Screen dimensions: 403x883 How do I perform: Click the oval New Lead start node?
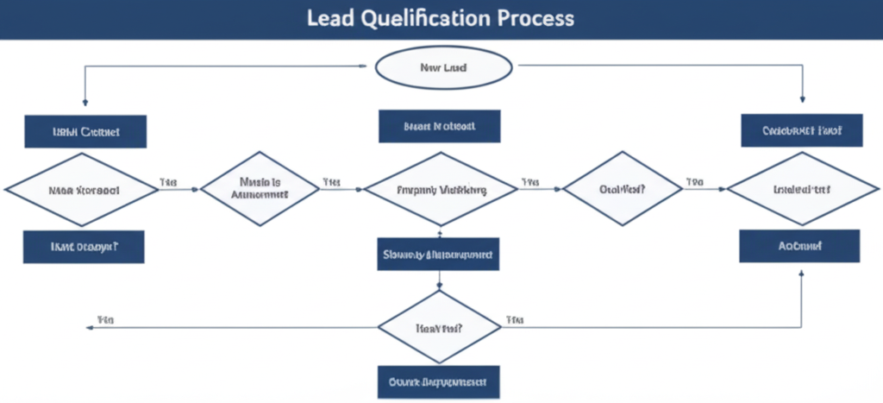(x=443, y=67)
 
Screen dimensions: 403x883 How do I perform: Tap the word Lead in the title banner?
(x=327, y=18)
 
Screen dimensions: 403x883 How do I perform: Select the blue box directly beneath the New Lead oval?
(x=439, y=126)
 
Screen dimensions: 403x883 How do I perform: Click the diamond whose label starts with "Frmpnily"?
(x=440, y=190)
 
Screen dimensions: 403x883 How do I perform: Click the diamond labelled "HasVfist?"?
(x=439, y=328)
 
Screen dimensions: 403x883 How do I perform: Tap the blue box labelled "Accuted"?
(x=799, y=246)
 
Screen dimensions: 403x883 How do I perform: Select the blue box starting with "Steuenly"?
(x=439, y=255)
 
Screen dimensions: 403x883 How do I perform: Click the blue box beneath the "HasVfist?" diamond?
(x=439, y=381)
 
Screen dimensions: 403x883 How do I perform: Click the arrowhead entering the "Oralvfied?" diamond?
(x=560, y=189)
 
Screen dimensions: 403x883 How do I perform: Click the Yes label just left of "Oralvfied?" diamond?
(x=529, y=182)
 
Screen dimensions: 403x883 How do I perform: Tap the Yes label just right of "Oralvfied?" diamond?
(x=695, y=182)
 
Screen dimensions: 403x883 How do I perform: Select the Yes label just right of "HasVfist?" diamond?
(x=516, y=319)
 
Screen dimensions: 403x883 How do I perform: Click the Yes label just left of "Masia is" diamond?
(x=168, y=182)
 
